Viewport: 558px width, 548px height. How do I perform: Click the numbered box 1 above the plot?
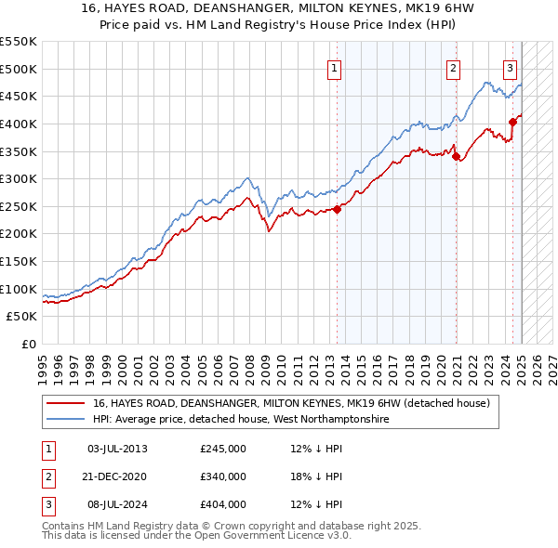point(334,67)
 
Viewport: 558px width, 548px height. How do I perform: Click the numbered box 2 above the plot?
point(453,67)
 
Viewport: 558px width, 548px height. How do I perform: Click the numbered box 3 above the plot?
point(511,67)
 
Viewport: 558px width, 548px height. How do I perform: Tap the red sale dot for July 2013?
point(337,209)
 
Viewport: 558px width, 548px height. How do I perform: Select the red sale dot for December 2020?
point(457,157)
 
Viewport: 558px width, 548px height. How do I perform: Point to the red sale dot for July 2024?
point(512,122)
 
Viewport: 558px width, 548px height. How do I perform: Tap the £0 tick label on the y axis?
point(28,344)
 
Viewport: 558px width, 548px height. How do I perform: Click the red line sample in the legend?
point(65,403)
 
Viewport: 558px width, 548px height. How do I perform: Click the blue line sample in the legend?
point(65,419)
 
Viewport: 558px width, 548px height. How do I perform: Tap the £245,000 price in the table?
point(223,449)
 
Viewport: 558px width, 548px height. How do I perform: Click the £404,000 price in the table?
point(223,504)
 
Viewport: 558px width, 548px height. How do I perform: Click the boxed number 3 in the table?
point(46,504)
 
